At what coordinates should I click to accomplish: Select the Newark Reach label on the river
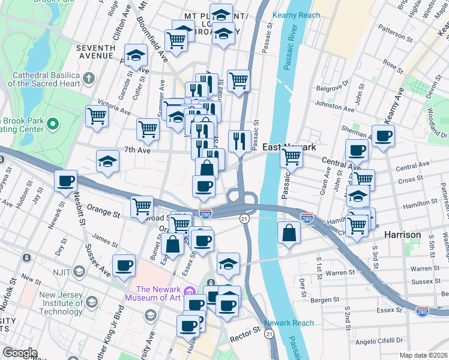tap(289, 323)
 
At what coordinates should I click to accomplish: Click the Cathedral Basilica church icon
tap(89, 78)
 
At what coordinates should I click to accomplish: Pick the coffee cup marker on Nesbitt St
tap(65, 180)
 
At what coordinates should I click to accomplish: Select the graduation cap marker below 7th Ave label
tap(107, 161)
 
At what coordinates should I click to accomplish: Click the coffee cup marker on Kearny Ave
tap(383, 136)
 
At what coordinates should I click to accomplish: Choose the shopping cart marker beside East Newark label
tap(291, 157)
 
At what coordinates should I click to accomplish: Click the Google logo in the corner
tap(19, 353)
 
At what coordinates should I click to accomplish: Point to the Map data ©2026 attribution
tap(423, 355)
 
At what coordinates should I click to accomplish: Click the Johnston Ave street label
tap(335, 107)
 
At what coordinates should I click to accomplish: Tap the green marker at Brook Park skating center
tap(53, 125)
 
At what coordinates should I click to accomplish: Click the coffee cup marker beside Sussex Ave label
tap(124, 265)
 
